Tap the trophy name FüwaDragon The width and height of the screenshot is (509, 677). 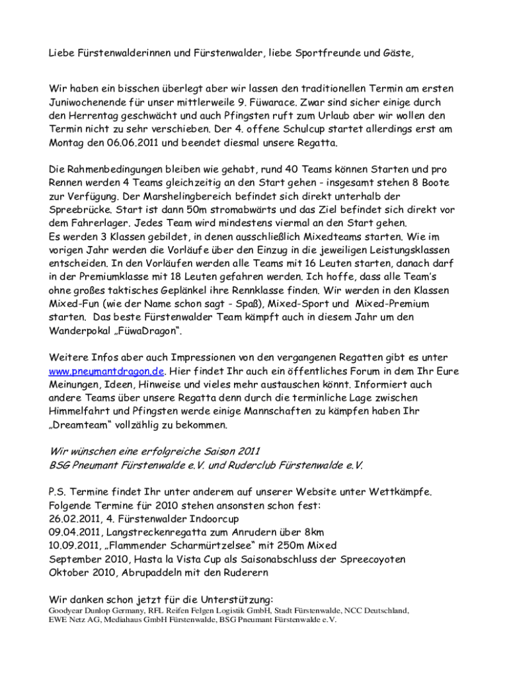tap(143, 330)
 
